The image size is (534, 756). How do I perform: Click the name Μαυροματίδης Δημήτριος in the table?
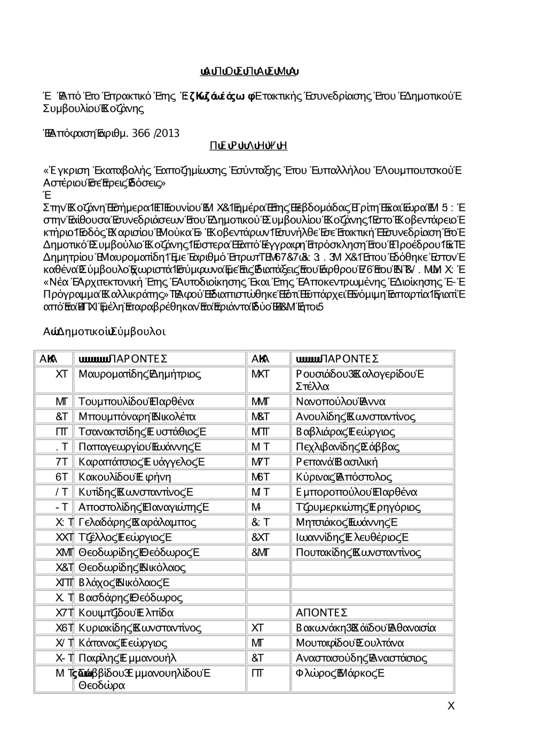point(139,374)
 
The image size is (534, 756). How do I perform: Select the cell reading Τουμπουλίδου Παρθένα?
point(136,402)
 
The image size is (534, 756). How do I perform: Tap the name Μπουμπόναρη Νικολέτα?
point(137,417)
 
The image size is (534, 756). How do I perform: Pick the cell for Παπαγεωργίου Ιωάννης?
point(139,447)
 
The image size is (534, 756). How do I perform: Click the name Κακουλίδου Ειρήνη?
point(124,477)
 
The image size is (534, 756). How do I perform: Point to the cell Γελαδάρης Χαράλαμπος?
point(137,522)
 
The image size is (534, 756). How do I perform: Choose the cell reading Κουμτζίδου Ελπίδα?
point(126,613)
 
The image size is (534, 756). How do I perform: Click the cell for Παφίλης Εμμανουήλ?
point(127,658)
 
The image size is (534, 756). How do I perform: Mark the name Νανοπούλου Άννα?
point(341,402)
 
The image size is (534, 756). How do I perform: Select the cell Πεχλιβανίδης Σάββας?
point(348,447)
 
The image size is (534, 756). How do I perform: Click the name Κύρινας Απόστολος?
point(344,477)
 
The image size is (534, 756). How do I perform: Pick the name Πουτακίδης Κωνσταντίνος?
point(358,552)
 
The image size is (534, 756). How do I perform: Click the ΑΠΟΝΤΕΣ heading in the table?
point(321,613)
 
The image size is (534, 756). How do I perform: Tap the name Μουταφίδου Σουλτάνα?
point(350,643)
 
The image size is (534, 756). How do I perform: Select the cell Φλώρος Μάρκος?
point(340,673)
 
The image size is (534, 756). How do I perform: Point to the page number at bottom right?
point(451,706)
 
